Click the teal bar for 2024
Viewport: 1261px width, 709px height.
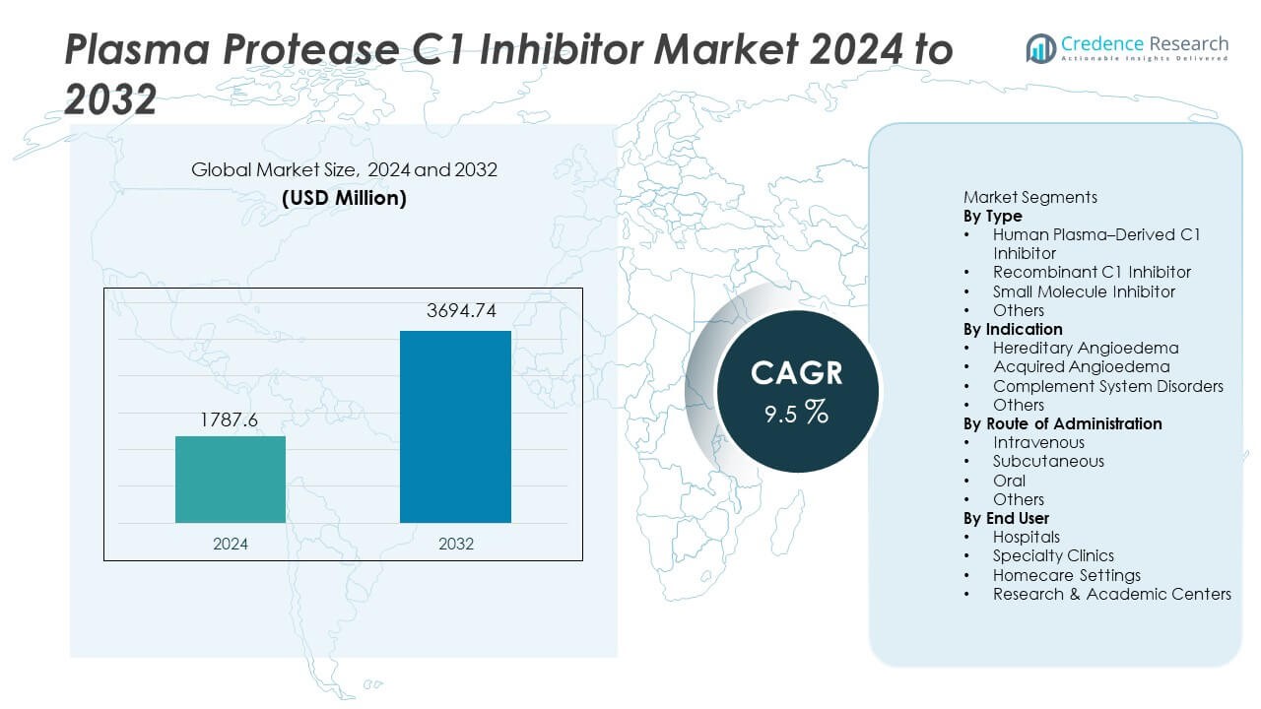(231, 480)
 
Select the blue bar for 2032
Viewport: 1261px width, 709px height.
(455, 426)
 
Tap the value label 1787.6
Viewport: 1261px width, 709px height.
(231, 419)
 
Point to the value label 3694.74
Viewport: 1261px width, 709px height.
(455, 312)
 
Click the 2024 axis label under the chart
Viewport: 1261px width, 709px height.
(231, 544)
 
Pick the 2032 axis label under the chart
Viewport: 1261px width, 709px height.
(455, 544)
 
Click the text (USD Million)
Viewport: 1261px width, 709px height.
(344, 198)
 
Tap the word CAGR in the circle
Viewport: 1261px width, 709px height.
(796, 373)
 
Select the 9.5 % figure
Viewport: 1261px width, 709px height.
(796, 413)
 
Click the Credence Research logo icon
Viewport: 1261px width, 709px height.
(1041, 47)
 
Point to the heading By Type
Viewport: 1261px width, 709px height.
(992, 216)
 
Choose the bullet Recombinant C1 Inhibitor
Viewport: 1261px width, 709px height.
(1092, 272)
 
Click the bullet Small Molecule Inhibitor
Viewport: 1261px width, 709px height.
(1084, 291)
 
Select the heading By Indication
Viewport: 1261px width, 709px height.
(1013, 329)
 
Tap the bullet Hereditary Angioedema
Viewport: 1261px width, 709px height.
(1085, 348)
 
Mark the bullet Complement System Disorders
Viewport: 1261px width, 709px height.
(1107, 386)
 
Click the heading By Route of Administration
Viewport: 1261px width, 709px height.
(1062, 423)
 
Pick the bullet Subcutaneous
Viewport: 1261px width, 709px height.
(1048, 461)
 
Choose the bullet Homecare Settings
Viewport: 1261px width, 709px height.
(1066, 575)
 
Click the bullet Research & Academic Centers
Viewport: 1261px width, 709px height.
(1111, 594)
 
